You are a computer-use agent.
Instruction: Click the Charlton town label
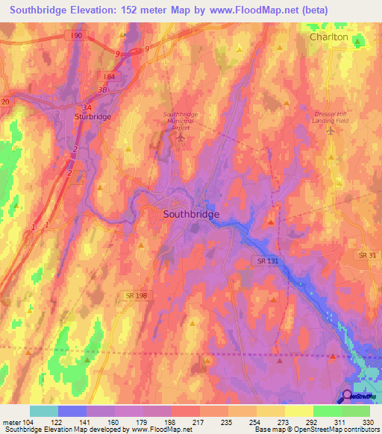click(x=329, y=37)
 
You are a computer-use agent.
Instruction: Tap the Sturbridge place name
click(x=92, y=117)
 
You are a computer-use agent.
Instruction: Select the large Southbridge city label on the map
click(x=191, y=214)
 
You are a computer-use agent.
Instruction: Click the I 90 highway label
click(x=80, y=35)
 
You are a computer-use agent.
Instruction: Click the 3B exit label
click(x=102, y=90)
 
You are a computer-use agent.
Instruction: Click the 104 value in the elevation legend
click(x=29, y=422)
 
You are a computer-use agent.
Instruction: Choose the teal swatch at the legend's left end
click(x=44, y=411)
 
